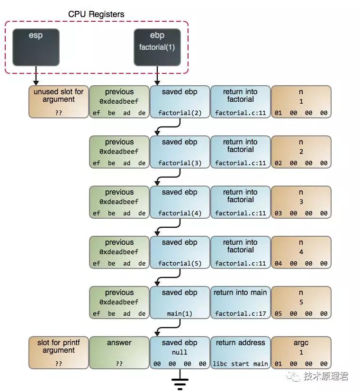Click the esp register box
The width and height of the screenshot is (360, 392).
point(36,47)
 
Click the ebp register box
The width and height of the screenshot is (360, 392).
point(157,47)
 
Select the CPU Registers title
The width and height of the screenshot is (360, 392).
point(96,14)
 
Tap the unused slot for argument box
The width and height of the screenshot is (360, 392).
point(59,102)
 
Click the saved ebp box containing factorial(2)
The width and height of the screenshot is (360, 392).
point(180,102)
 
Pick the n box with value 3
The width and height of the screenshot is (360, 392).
point(301,202)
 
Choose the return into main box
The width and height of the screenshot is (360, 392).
point(241,303)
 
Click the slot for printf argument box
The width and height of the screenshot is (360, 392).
point(59,353)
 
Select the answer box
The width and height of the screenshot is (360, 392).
point(119,353)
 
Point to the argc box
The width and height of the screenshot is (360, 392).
point(301,353)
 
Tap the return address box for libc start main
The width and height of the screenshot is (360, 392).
point(241,353)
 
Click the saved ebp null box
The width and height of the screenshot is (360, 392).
point(180,353)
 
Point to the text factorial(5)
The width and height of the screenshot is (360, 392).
point(180,264)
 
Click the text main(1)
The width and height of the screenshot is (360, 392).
point(180,314)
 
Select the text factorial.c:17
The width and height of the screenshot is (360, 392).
point(241,314)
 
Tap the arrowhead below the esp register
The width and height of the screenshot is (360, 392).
point(36,83)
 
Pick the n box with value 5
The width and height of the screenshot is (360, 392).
point(301,303)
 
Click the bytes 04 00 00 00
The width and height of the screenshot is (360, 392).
point(301,264)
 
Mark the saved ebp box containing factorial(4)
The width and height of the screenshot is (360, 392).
point(180,202)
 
